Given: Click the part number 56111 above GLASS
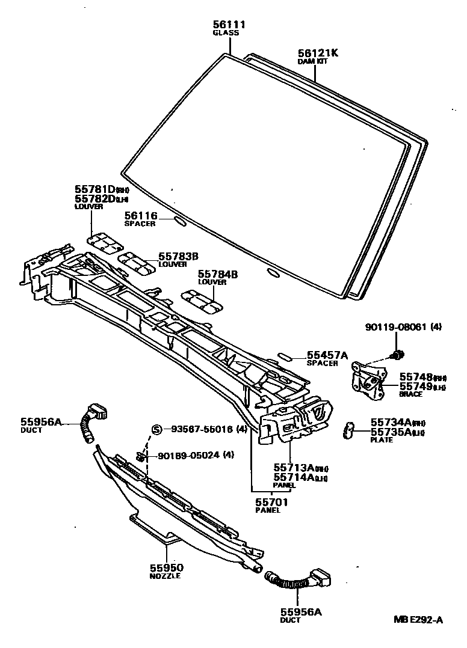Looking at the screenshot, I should [x=229, y=24].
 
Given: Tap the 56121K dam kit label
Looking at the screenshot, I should [x=318, y=53].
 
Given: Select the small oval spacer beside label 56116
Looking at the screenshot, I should [x=179, y=221].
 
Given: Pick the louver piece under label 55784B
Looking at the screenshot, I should [x=203, y=301].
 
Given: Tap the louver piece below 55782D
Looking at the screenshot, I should [x=104, y=241].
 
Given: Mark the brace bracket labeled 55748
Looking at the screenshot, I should [x=368, y=379].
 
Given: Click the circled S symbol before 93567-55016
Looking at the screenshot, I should [x=156, y=429].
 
